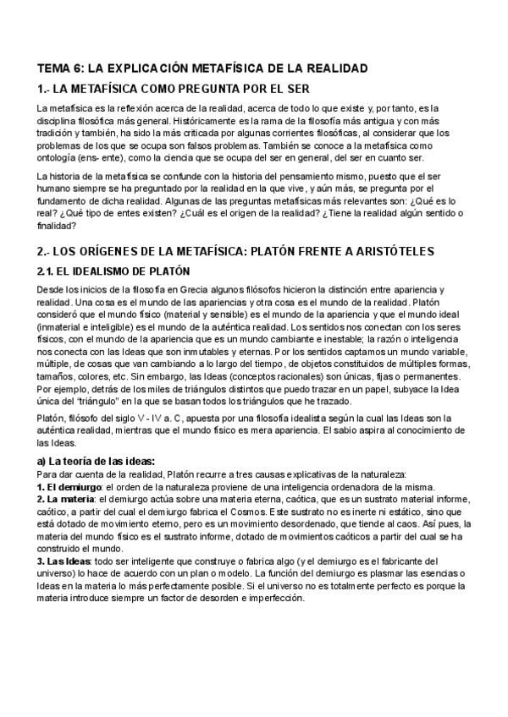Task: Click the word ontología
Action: [62, 157]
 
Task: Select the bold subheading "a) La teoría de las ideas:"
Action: [96, 461]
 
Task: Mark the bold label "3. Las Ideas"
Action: [64, 561]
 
